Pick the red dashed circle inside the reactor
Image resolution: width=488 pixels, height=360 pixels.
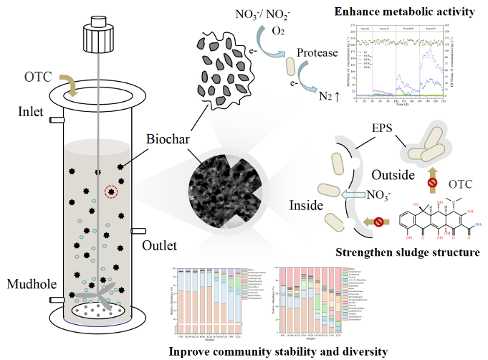110,192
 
